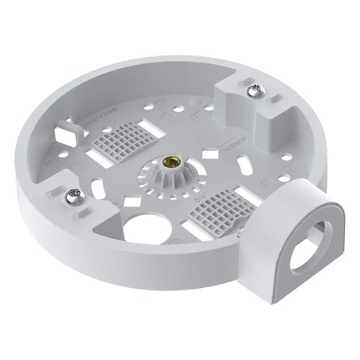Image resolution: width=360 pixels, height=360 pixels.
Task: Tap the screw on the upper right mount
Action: tap(256, 91)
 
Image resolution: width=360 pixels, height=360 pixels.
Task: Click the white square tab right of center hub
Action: tap(210, 154)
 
